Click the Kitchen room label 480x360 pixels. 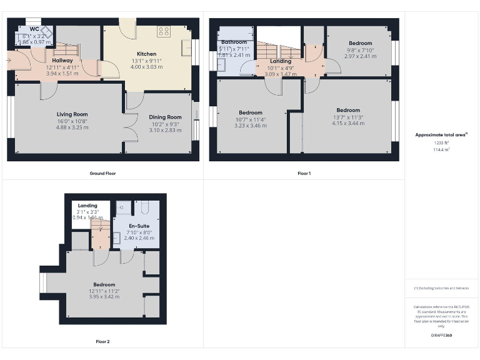(x=146, y=54)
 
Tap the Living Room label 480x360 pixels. (x=72, y=114)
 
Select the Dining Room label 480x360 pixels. (x=165, y=117)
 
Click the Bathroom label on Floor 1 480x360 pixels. (x=234, y=42)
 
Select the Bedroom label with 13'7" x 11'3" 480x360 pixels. (x=348, y=110)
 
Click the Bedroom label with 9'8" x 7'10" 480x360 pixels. (x=360, y=43)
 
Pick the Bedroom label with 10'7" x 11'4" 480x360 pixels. (x=251, y=112)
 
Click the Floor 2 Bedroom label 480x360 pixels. (x=104, y=284)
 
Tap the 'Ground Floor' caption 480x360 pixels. (x=102, y=173)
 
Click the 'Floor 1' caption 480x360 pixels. (x=304, y=173)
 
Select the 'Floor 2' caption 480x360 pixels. (x=102, y=342)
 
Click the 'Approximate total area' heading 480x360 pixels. (x=441, y=134)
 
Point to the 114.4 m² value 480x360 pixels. (x=441, y=149)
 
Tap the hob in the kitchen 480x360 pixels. (x=164, y=30)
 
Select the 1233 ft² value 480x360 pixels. (x=441, y=143)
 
